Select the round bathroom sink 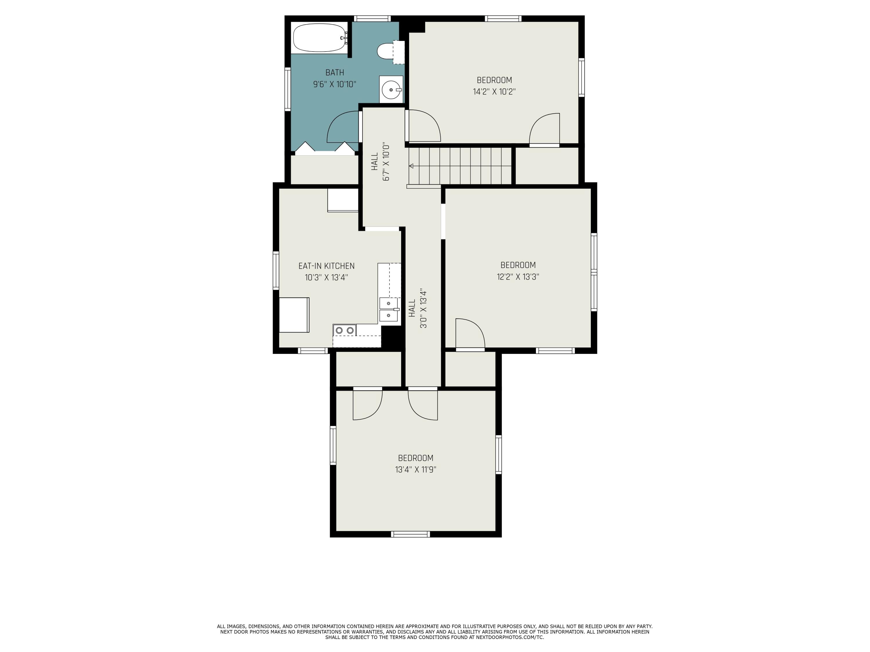[391, 90]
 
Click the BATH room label [335, 73]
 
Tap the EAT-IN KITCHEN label [327, 266]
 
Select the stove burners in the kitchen [345, 330]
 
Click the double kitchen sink [389, 310]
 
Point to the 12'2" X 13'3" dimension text [518, 277]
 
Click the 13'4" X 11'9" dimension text [416, 470]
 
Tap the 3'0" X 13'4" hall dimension [423, 309]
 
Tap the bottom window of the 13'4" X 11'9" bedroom [411, 534]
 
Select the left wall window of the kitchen [276, 271]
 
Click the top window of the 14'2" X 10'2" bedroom [503, 19]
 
